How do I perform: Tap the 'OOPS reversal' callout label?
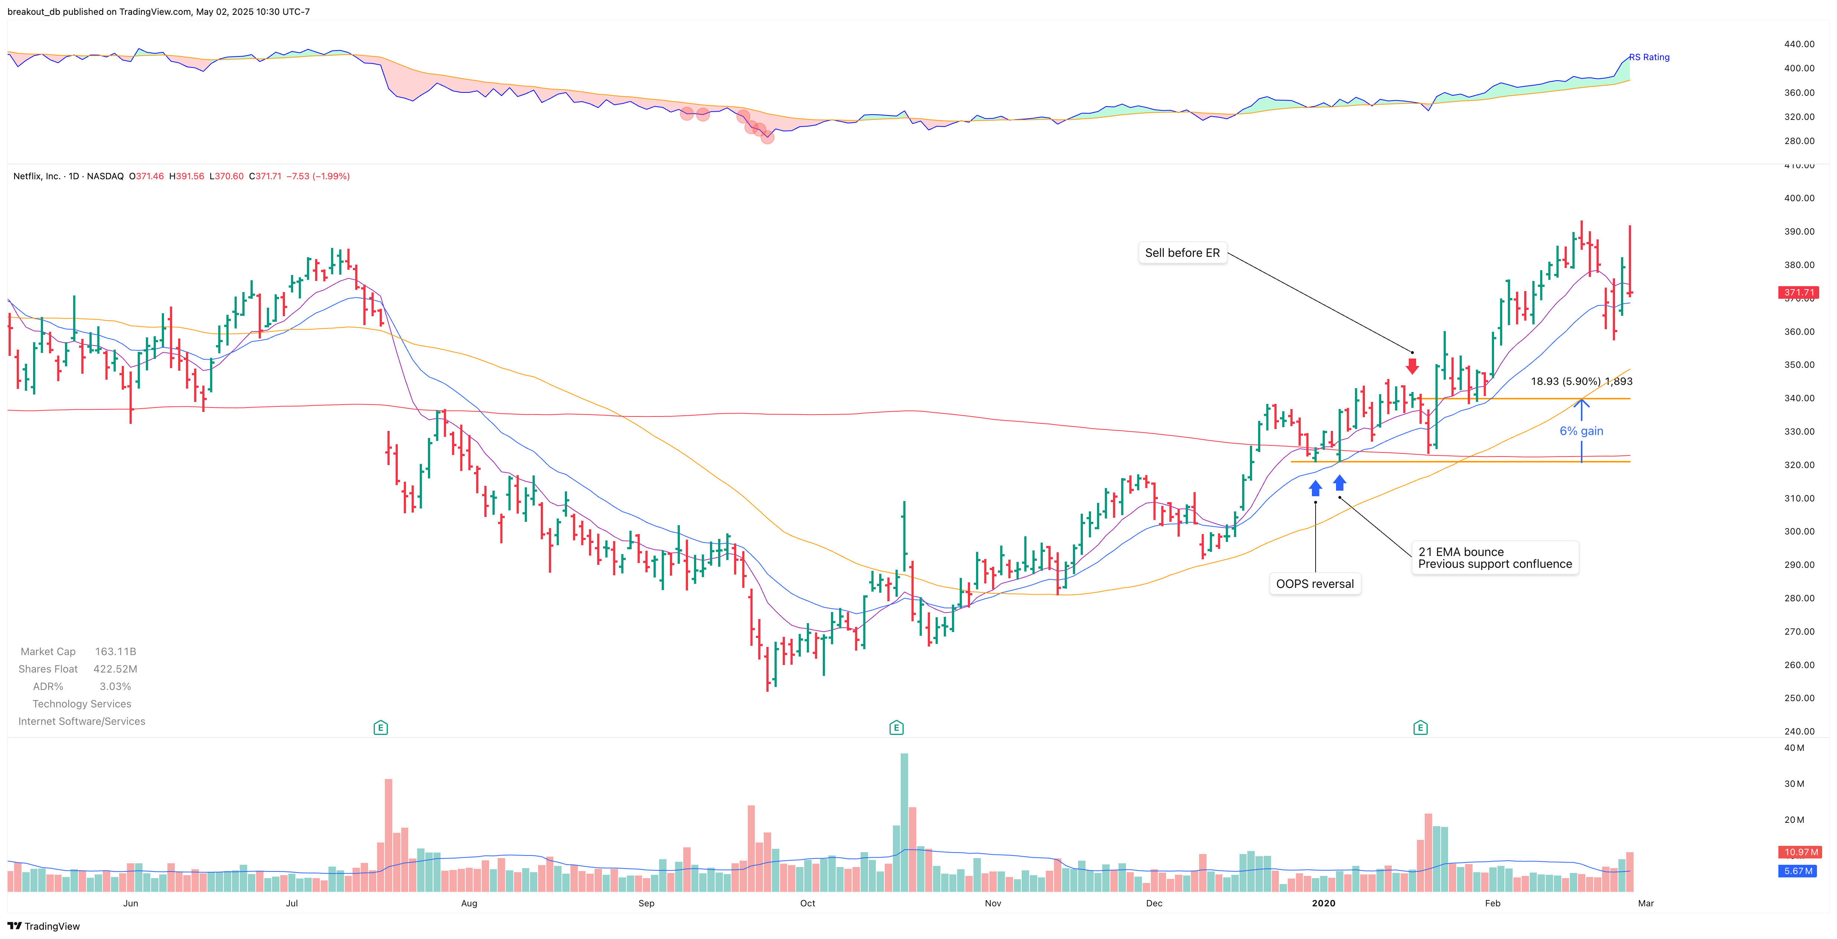pyautogui.click(x=1314, y=584)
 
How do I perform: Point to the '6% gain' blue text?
pyautogui.click(x=1581, y=431)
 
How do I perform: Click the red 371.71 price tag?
pyautogui.click(x=1798, y=292)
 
